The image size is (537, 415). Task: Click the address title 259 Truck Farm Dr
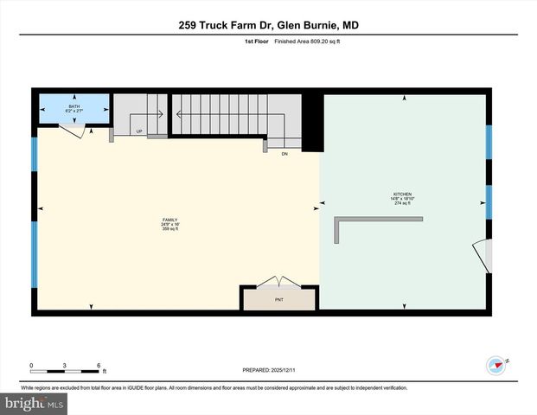point(267,25)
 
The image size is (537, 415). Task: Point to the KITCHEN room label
point(402,195)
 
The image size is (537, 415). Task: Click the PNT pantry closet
point(278,299)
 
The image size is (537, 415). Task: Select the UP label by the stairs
point(139,131)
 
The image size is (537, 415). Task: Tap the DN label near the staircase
point(284,153)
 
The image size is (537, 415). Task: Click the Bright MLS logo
point(35,404)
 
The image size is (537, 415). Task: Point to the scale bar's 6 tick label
point(99,365)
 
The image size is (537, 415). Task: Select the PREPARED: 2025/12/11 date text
point(267,369)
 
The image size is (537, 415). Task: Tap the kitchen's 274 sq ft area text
point(402,204)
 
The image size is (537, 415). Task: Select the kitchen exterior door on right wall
point(481,254)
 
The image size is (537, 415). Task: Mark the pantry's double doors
point(278,283)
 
